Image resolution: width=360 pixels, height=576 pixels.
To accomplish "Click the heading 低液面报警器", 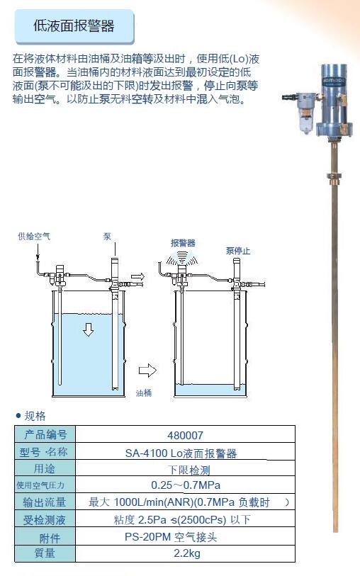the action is [x=74, y=26].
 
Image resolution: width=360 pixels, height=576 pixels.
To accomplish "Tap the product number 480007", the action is [x=185, y=435].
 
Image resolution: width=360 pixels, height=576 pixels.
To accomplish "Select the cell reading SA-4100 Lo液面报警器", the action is [x=181, y=453].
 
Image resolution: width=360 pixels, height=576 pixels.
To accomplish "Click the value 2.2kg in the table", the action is [x=187, y=553].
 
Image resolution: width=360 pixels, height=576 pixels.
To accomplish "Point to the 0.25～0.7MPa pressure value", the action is [x=186, y=485].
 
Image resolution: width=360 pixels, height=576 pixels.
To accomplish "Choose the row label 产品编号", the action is [x=45, y=434].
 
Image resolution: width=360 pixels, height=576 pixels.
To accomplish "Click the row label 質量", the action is [x=45, y=553].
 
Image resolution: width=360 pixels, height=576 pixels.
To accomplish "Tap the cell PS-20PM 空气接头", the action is [x=171, y=537].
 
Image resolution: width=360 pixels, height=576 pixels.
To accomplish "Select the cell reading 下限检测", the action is [x=189, y=470].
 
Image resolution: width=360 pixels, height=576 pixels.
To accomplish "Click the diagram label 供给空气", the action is [x=34, y=236].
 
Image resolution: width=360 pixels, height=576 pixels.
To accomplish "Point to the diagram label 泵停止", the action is [x=238, y=251].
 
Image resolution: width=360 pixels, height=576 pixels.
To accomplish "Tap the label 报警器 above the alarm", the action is [x=183, y=243].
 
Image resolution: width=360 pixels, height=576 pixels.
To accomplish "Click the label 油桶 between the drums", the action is [x=144, y=393].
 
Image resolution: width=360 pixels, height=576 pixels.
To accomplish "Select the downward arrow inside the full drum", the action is [x=88, y=329].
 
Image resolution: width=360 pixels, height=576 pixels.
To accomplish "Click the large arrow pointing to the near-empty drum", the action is [x=147, y=370].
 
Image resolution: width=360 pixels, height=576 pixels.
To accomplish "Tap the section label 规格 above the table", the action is [x=35, y=416].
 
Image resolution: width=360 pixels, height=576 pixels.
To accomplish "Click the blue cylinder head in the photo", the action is [x=334, y=101].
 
